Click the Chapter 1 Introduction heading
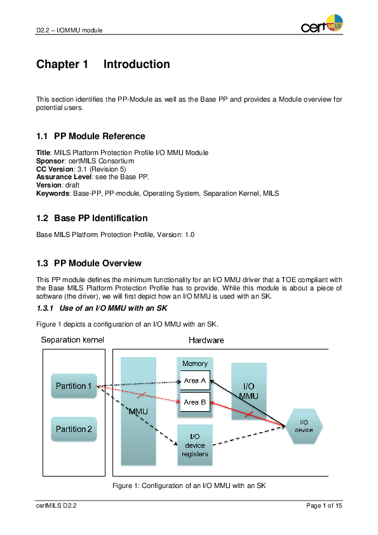[x=103, y=64]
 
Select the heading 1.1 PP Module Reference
[x=91, y=136]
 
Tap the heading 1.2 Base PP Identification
[x=92, y=218]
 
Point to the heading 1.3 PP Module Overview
[x=89, y=263]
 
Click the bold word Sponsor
[x=48, y=161]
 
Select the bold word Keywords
[x=53, y=193]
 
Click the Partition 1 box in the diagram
[x=74, y=386]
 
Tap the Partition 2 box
[x=74, y=430]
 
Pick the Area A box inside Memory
[x=194, y=381]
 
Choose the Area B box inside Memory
[x=194, y=402]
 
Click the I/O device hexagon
[x=304, y=426]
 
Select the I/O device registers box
[x=194, y=445]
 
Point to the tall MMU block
[x=138, y=411]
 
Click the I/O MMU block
[x=248, y=391]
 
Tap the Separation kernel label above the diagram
[x=72, y=340]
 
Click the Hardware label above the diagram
[x=206, y=340]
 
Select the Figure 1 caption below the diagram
[x=189, y=485]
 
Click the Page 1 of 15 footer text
[x=324, y=506]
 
